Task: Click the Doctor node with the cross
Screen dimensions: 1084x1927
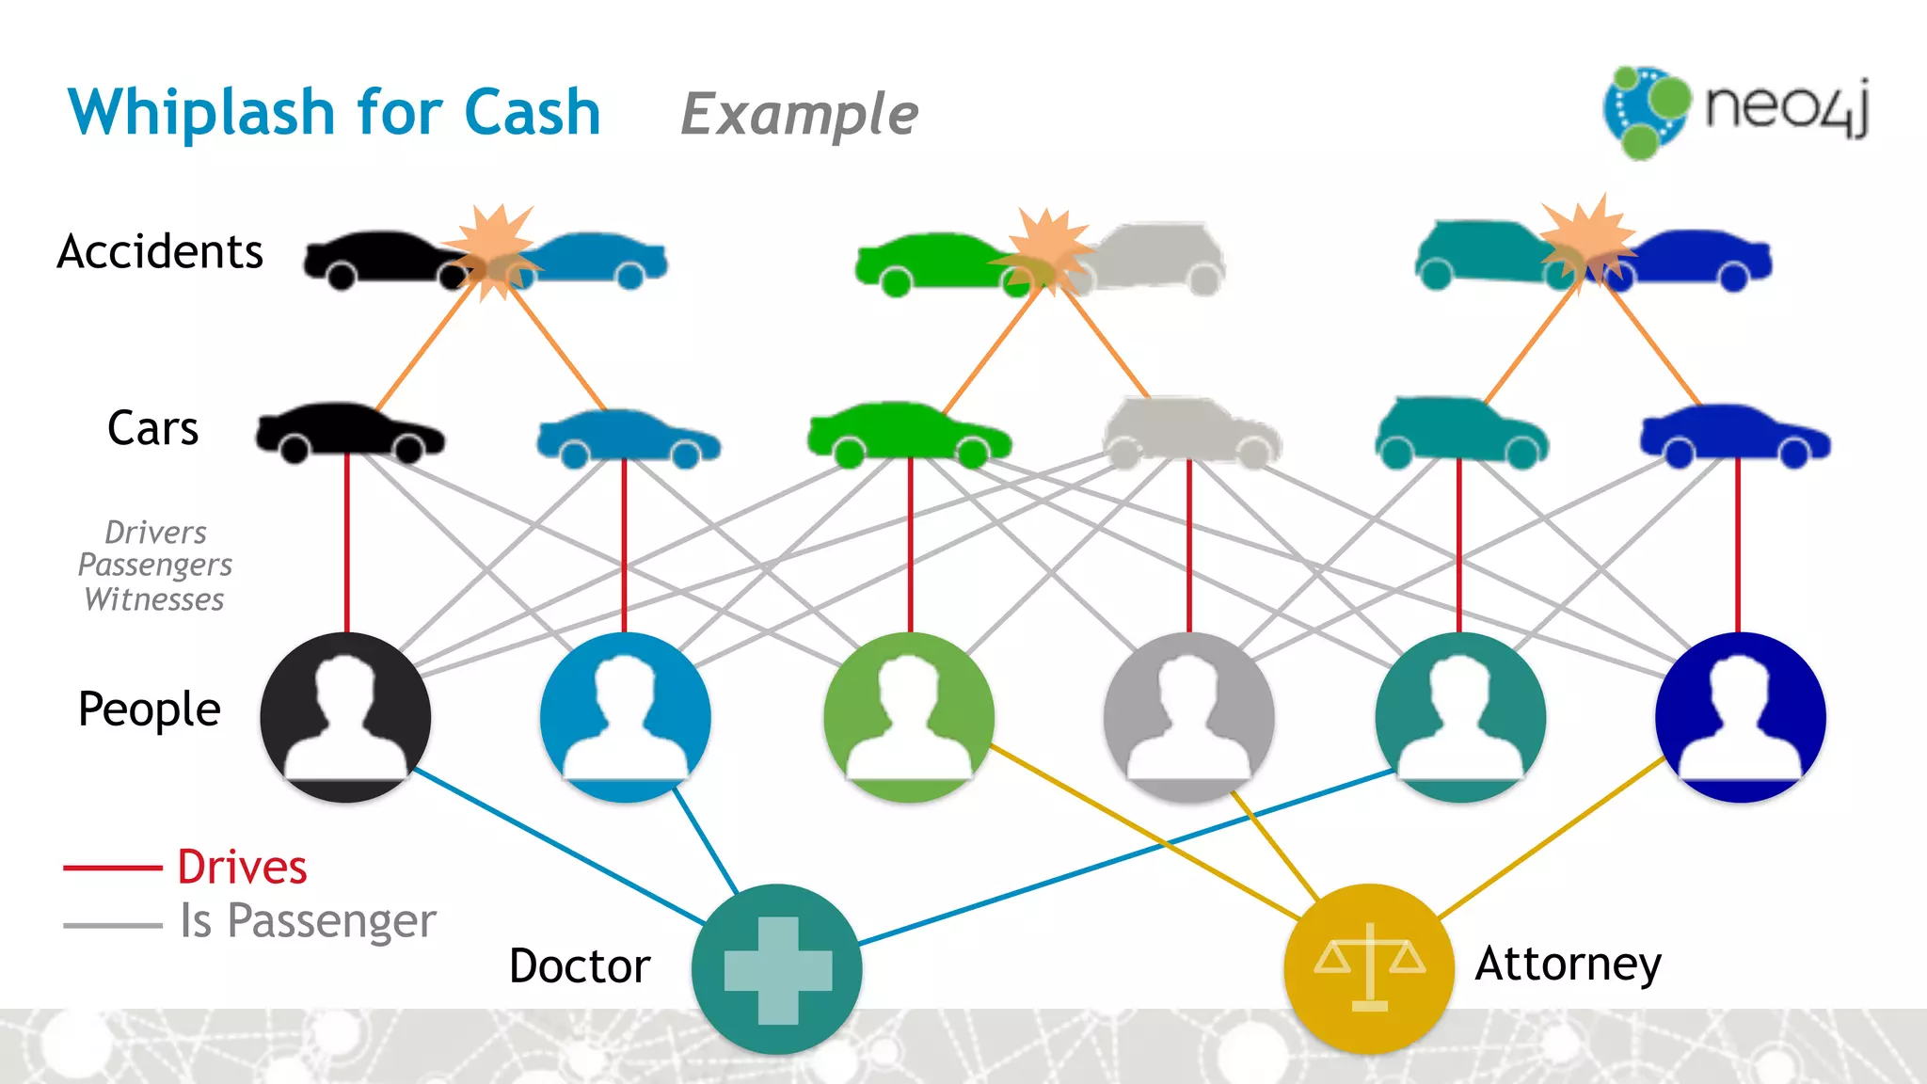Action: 776,968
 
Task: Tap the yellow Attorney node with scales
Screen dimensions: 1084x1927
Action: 1369,968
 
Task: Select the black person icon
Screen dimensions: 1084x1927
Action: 345,717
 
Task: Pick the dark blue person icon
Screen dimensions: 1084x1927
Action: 1740,717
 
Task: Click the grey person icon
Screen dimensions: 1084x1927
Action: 1188,717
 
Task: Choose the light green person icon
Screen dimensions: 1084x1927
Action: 908,717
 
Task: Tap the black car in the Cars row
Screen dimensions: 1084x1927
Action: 350,433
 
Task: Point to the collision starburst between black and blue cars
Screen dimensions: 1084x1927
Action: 494,251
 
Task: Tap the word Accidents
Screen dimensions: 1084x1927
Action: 160,252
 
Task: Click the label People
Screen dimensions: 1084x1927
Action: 149,709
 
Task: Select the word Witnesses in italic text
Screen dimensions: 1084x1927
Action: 154,600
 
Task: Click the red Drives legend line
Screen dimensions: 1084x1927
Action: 112,868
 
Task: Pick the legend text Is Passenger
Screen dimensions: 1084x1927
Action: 308,920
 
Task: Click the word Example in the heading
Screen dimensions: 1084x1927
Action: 799,115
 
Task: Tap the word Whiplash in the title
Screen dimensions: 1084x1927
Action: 201,113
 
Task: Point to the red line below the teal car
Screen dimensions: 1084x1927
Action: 1459,546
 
